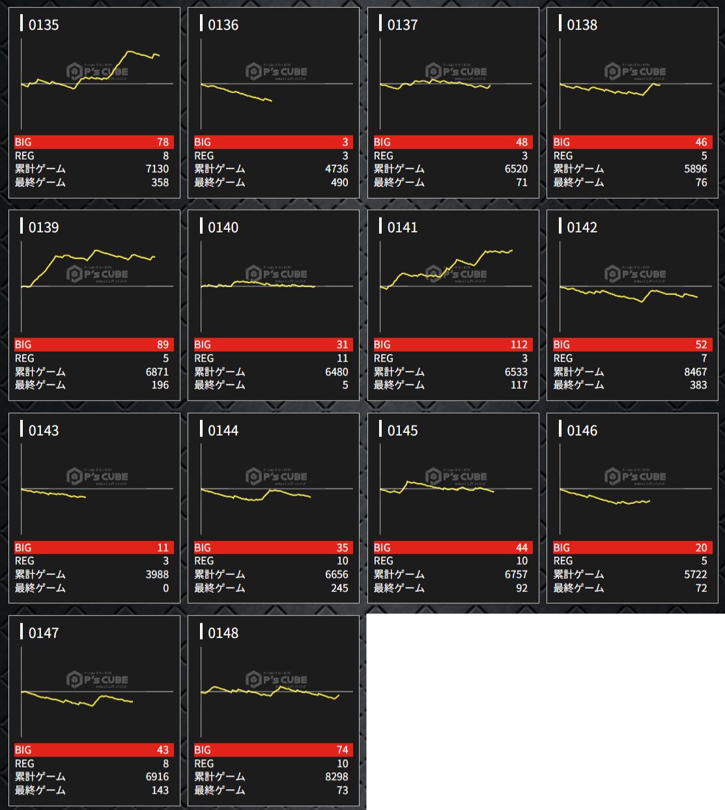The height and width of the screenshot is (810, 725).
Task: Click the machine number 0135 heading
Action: pyautogui.click(x=43, y=25)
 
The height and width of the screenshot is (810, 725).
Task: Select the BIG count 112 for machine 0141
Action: pyautogui.click(x=519, y=344)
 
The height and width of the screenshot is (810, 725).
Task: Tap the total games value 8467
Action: pyautogui.click(x=695, y=372)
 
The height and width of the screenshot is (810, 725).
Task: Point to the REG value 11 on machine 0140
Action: pyautogui.click(x=342, y=358)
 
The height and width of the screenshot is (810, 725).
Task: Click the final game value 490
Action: pyautogui.click(x=339, y=182)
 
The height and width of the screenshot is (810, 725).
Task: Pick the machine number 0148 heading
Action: pyautogui.click(x=223, y=633)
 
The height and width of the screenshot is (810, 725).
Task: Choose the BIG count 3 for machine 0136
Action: pyautogui.click(x=345, y=142)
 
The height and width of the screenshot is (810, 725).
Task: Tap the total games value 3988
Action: pyautogui.click(x=157, y=574)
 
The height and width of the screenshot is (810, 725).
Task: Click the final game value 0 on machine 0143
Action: pyautogui.click(x=165, y=588)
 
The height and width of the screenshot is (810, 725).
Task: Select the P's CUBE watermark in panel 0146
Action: pyautogui.click(x=635, y=477)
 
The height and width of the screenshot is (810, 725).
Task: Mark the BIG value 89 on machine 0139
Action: pyautogui.click(x=162, y=344)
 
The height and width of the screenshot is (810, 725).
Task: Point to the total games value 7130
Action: pyautogui.click(x=157, y=169)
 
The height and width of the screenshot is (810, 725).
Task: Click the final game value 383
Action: pyautogui.click(x=698, y=385)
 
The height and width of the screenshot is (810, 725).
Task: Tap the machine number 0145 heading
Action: pyautogui.click(x=402, y=430)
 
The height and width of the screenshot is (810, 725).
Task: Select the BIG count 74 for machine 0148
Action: pyautogui.click(x=342, y=750)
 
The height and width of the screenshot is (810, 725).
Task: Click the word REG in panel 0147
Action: pyautogui.click(x=25, y=764)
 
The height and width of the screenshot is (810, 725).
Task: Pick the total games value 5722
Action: pyautogui.click(x=695, y=574)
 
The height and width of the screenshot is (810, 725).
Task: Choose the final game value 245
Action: pyautogui.click(x=339, y=588)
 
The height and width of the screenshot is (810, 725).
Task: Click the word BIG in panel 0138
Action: pyautogui.click(x=562, y=142)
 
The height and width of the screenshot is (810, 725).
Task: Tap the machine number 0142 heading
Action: pyautogui.click(x=582, y=227)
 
